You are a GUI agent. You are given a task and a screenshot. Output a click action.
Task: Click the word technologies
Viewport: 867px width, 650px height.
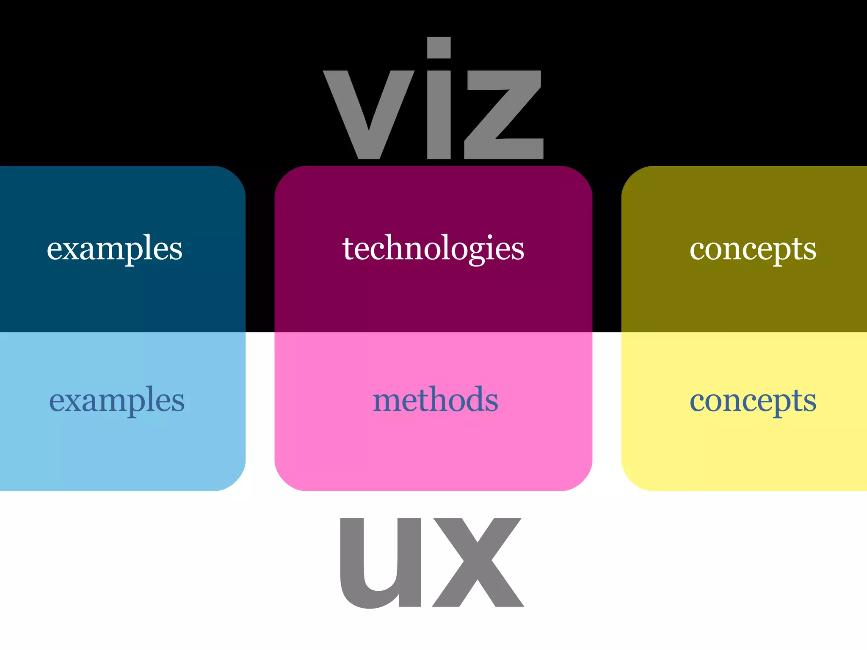point(433,248)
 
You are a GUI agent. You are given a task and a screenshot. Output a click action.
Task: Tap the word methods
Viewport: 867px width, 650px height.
point(435,400)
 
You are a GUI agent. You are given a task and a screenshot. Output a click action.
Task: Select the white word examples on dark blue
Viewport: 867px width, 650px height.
point(114,248)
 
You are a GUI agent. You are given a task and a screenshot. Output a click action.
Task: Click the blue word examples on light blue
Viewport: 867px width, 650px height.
point(117,400)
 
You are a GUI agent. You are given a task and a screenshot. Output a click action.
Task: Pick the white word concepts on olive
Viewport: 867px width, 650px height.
point(753,249)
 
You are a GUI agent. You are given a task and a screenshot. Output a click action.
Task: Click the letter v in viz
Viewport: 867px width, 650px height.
point(369,114)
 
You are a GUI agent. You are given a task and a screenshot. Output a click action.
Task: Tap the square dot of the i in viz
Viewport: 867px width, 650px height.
point(439,48)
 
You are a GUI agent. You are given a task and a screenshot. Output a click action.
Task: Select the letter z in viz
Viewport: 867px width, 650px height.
point(504,114)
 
